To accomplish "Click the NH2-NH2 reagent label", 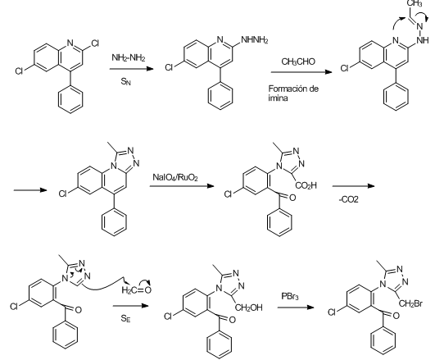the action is point(128,57).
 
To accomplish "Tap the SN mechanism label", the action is point(125,82).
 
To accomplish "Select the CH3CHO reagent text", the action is point(298,62).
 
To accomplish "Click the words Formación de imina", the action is point(293,93).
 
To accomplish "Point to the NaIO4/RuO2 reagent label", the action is point(175,177).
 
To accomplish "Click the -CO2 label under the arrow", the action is point(349,199).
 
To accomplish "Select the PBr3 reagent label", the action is point(290,296).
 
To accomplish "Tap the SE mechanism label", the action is point(125,319).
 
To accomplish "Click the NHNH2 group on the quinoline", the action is point(255,40).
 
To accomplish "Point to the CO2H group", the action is point(306,185).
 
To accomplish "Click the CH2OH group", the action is point(248,308).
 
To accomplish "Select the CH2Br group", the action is point(410,303).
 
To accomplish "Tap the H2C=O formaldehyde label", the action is point(137,290).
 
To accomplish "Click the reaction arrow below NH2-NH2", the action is point(132,69).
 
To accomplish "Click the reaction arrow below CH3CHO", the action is point(301,72).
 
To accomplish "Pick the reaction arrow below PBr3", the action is point(296,308).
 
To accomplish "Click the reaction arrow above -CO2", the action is point(353,186).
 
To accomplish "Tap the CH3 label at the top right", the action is point(415,3).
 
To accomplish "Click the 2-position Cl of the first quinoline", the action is point(94,43).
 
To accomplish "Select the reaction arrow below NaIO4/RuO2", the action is point(182,186).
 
